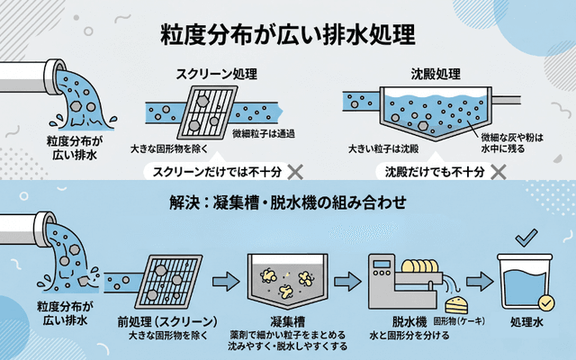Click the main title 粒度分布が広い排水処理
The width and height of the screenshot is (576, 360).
pyautogui.click(x=287, y=36)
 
